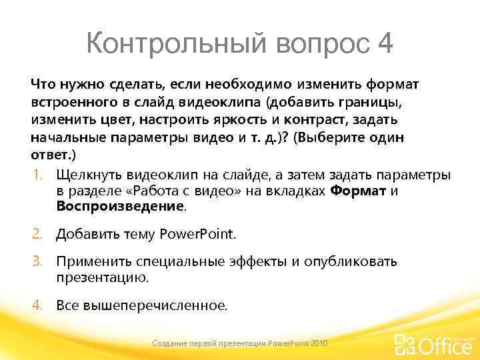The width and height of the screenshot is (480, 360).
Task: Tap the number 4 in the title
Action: [x=385, y=45]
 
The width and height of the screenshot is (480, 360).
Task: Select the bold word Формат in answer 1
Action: [x=358, y=191]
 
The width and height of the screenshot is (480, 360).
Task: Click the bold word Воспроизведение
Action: [x=119, y=207]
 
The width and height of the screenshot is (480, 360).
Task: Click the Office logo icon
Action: [x=405, y=345]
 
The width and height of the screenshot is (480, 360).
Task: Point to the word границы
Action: [x=371, y=103]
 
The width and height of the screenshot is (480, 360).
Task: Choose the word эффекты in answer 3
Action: [x=256, y=261]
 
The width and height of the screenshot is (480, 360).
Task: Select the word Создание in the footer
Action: [x=169, y=343]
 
